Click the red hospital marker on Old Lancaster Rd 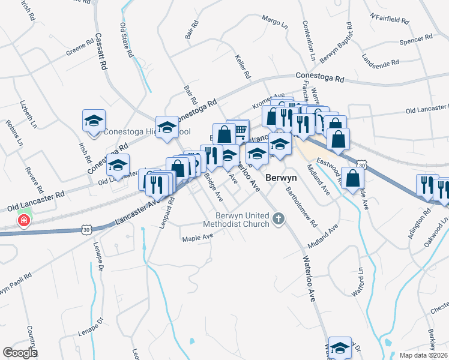[x=24, y=221]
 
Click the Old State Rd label [x=127, y=40]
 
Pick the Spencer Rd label [x=415, y=40]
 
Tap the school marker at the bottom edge [x=340, y=347]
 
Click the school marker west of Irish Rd [x=94, y=121]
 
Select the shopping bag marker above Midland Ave [x=353, y=178]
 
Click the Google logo [x=20, y=353]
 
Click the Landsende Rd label [x=380, y=61]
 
